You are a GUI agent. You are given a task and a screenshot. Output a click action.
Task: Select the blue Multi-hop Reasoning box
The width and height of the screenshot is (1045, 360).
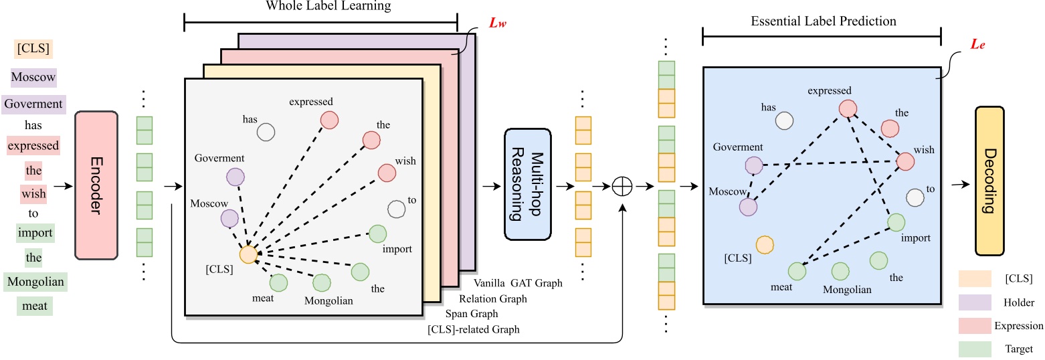pyautogui.click(x=527, y=184)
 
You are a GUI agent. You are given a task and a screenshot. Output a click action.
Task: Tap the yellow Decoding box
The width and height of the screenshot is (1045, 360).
pyautogui.click(x=995, y=181)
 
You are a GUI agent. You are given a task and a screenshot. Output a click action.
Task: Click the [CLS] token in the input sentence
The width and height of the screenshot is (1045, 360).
pyautogui.click(x=33, y=48)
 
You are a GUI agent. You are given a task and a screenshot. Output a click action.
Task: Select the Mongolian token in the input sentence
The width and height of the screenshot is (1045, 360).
pyautogui.click(x=35, y=282)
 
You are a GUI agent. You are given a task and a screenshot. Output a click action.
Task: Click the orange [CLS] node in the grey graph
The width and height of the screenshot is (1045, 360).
pyautogui.click(x=248, y=254)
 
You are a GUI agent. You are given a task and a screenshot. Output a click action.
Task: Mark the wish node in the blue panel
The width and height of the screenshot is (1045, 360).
pyautogui.click(x=905, y=161)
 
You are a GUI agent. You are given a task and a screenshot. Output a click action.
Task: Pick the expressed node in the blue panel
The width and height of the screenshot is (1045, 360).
pyautogui.click(x=848, y=108)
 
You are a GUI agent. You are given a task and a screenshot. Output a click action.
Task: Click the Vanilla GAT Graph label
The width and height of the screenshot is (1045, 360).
pyautogui.click(x=518, y=283)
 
